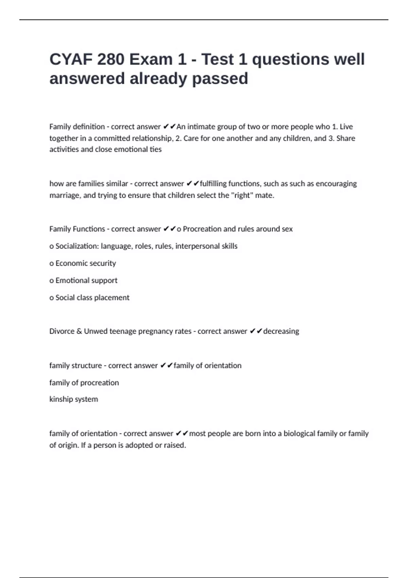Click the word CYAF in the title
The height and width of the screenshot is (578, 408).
tap(71, 60)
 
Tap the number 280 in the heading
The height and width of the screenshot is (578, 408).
tap(111, 60)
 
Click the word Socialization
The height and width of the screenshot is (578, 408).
tap(77, 246)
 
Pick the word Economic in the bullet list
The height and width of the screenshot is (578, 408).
tap(69, 263)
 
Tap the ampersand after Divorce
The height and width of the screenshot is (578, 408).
tap(79, 331)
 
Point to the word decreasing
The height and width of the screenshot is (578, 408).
tap(281, 331)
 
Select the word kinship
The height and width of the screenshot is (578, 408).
tap(60, 399)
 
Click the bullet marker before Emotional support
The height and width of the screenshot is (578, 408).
tap(51, 281)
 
